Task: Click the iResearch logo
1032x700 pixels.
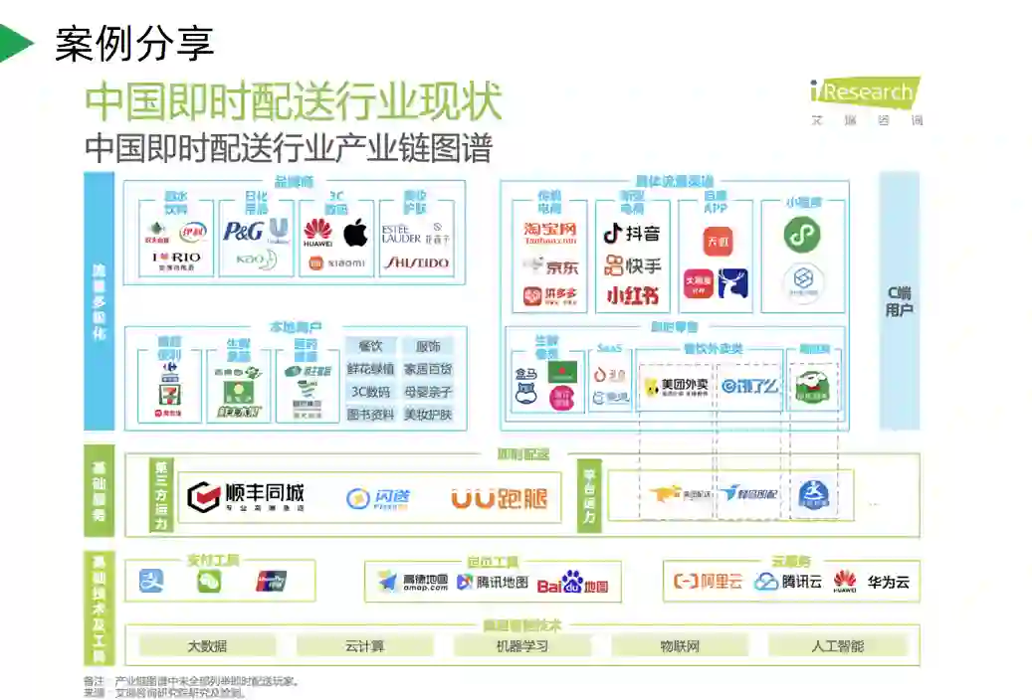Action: pos(864,93)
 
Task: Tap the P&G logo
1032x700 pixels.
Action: pos(242,232)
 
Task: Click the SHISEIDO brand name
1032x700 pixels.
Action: pos(416,263)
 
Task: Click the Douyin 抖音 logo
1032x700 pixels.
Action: pos(632,234)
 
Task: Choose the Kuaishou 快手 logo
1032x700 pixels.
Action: pos(632,265)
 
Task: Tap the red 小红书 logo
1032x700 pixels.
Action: pos(632,296)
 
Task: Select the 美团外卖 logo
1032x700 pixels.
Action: pos(677,386)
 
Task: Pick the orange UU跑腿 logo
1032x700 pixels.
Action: pos(499,498)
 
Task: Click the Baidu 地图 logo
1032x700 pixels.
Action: pos(572,584)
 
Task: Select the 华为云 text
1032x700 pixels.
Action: pos(888,582)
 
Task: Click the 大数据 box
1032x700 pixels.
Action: pos(207,646)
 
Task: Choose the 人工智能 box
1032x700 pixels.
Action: pos(837,646)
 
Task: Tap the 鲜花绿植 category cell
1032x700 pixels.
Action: pos(370,369)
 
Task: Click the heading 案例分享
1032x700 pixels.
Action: pos(134,44)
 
